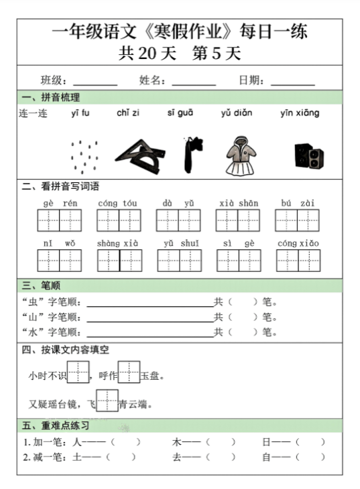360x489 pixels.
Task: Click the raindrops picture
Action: click(x=84, y=157)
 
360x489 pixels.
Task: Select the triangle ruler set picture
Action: click(x=140, y=153)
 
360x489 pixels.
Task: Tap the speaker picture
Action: click(x=308, y=155)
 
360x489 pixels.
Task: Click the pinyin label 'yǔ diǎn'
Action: click(x=237, y=113)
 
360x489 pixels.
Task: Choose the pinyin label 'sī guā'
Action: click(x=180, y=113)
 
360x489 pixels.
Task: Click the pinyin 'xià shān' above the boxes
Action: click(x=239, y=203)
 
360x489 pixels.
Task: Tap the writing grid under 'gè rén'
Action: click(x=59, y=220)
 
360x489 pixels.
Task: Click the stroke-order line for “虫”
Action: click(x=149, y=303)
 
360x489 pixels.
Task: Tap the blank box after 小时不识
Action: click(x=78, y=371)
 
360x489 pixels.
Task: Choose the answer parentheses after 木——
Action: click(x=221, y=442)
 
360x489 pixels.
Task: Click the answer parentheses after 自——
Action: click(x=310, y=457)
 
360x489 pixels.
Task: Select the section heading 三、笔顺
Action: click(x=42, y=285)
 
